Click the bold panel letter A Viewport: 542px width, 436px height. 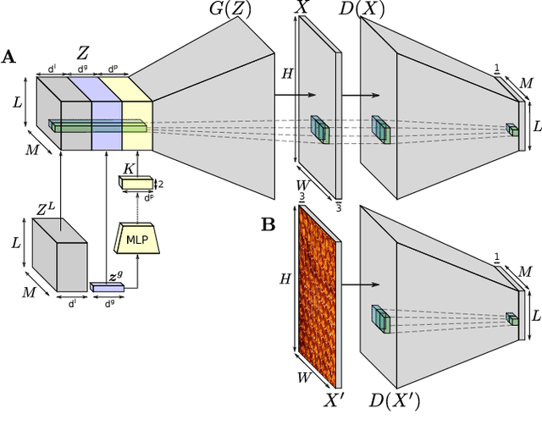tap(8, 57)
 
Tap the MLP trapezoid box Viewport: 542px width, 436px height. tap(136, 239)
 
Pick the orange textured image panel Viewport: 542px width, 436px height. tap(316, 296)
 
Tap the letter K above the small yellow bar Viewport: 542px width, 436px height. tap(128, 168)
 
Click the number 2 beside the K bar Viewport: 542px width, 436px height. tap(161, 184)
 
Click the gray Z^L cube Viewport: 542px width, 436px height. tap(58, 258)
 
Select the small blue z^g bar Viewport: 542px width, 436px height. tap(107, 288)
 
